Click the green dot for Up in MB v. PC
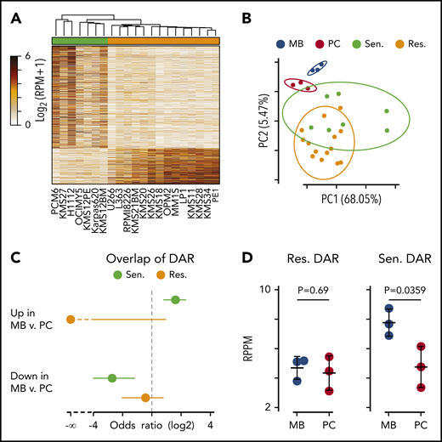176,299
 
